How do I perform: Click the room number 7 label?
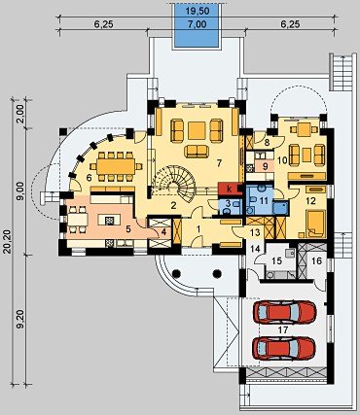tap(219, 163)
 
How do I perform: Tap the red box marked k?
tap(230, 189)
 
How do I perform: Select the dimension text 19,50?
tap(198, 12)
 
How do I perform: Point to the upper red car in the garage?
tap(284, 313)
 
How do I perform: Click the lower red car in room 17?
tap(284, 349)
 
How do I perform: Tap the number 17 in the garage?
tap(283, 330)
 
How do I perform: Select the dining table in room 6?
tap(116, 166)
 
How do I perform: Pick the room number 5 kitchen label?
tap(128, 229)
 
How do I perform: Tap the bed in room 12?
tap(315, 224)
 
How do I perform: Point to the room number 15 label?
tap(276, 261)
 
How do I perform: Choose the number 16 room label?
tap(316, 260)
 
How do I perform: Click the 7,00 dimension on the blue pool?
tap(198, 24)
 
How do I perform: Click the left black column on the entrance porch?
tap(176, 274)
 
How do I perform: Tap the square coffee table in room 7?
tap(197, 130)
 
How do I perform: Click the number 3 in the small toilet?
tap(228, 204)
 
